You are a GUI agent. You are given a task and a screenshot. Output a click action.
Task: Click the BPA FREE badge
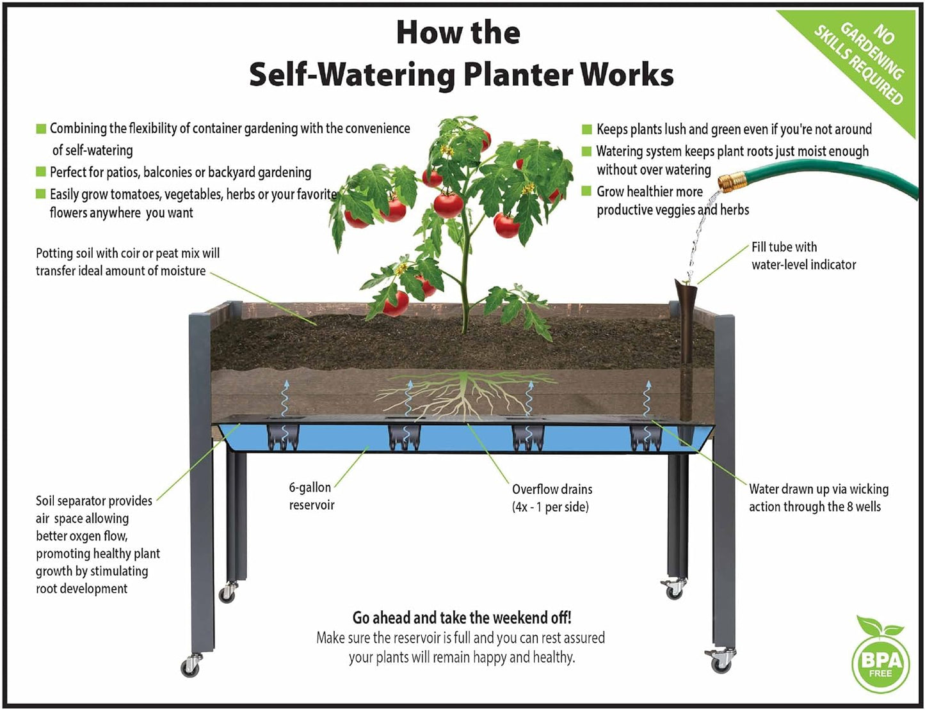(881, 663)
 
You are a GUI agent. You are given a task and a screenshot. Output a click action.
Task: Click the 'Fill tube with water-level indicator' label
(803, 256)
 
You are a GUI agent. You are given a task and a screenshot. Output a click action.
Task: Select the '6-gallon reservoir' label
(311, 496)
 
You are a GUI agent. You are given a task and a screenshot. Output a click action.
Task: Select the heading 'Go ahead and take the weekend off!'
(462, 617)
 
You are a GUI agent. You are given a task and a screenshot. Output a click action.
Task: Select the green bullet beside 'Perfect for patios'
(41, 172)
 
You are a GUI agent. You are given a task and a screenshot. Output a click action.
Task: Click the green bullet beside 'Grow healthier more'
(586, 191)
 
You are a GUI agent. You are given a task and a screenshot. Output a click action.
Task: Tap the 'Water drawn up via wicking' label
(818, 489)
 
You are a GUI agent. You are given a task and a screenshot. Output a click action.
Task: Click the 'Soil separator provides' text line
(94, 501)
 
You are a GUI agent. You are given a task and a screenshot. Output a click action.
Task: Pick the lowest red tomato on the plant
(396, 303)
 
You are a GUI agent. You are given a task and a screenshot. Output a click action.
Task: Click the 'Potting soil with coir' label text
(127, 253)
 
